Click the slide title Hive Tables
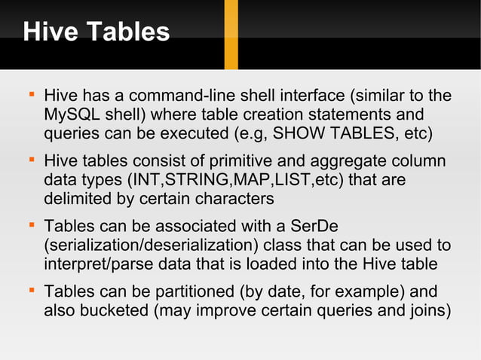tap(97, 32)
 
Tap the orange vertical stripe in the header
tap(231, 34)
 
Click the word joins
tap(428, 310)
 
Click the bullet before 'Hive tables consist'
tap(31, 161)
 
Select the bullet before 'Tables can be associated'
tap(31, 226)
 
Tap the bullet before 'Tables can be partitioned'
tap(31, 291)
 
